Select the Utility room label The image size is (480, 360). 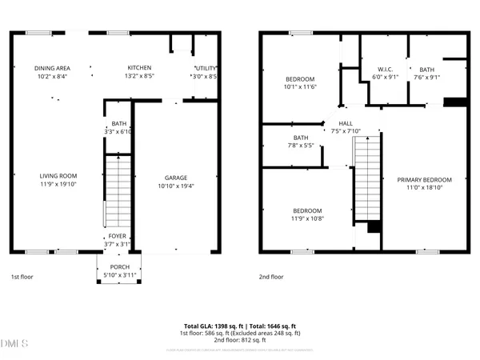click(206, 68)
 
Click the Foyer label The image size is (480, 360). click(118, 236)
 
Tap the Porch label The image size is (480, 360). click(120, 266)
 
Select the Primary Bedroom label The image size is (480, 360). click(425, 179)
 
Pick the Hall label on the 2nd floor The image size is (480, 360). click(346, 122)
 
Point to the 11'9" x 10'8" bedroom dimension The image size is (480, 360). click(306, 218)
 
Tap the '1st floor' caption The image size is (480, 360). click(21, 277)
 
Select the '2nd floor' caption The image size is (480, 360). click(271, 277)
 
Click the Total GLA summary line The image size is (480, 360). click(239, 326)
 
